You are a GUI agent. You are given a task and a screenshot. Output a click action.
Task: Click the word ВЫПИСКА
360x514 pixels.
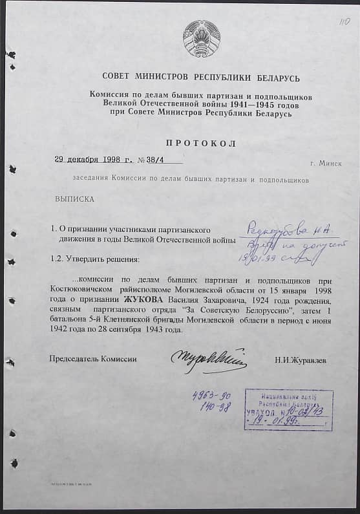(x=74, y=198)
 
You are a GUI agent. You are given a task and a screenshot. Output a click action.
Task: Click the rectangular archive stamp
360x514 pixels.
(x=288, y=409)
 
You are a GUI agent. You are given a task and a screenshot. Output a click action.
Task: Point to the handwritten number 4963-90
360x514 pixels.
(x=212, y=397)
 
